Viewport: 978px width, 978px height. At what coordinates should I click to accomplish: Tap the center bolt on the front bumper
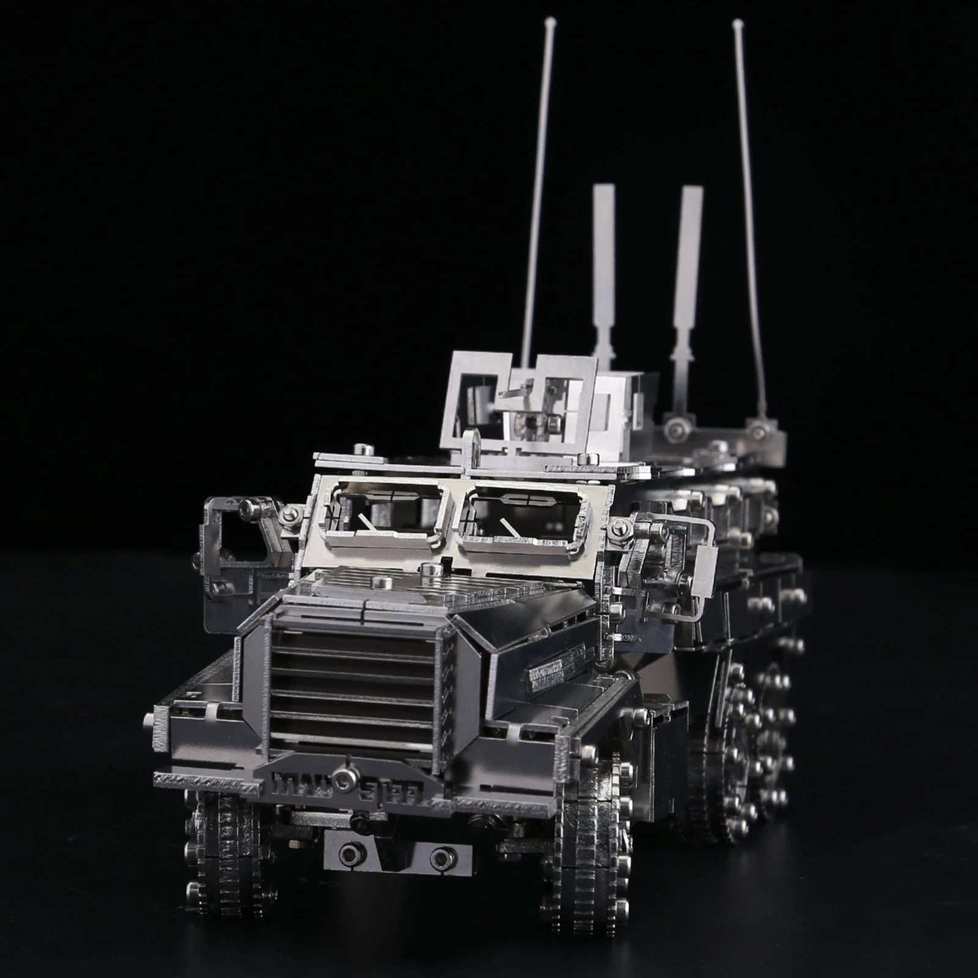(x=347, y=779)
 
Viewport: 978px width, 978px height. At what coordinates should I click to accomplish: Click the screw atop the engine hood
(x=428, y=570)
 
